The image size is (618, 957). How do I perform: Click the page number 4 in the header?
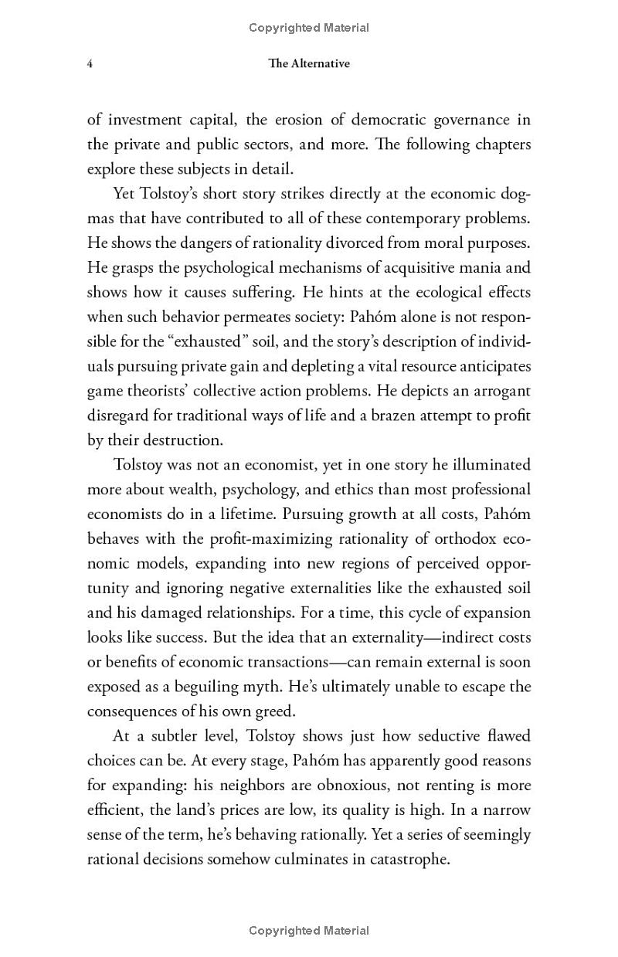tap(90, 64)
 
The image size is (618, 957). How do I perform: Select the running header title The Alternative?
tap(309, 64)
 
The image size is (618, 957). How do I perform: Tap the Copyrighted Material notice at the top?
tap(309, 28)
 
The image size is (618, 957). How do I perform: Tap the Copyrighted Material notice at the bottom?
tap(309, 931)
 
